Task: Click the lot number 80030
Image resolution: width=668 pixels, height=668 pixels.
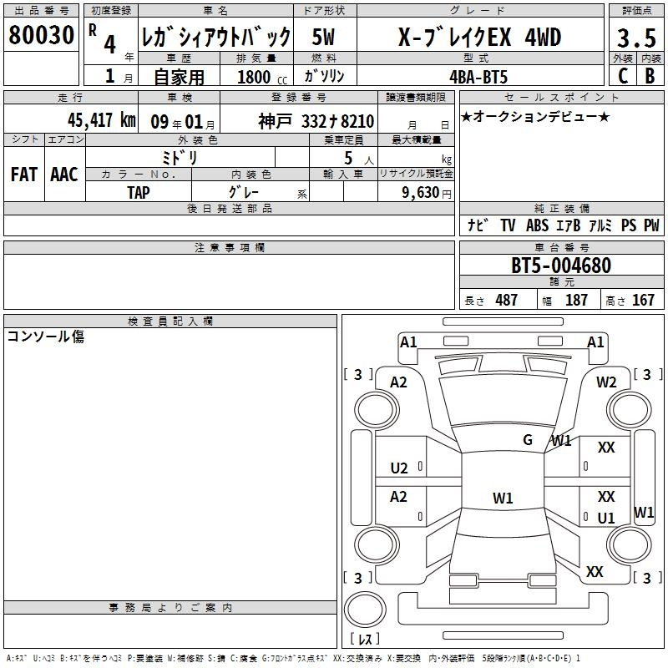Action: click(x=41, y=34)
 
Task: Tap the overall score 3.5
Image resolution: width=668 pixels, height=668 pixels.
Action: click(x=636, y=38)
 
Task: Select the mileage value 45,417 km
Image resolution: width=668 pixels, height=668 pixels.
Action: click(x=102, y=120)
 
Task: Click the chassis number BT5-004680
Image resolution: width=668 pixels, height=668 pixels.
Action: click(x=561, y=266)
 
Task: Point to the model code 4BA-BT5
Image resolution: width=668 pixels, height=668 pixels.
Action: click(x=478, y=77)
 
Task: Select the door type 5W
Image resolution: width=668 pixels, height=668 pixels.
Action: click(x=323, y=37)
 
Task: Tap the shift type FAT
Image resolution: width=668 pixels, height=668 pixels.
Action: click(x=24, y=175)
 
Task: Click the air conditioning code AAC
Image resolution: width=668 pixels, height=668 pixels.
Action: click(x=64, y=175)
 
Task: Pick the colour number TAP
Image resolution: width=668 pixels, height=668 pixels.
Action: click(x=139, y=193)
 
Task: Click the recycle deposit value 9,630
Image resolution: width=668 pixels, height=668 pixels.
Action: click(x=421, y=193)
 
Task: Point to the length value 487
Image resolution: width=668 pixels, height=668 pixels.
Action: click(x=507, y=300)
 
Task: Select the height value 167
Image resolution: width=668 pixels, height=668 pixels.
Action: click(x=643, y=300)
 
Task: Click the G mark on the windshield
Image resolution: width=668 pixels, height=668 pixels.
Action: click(x=528, y=439)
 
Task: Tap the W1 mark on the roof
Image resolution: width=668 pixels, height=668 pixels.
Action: click(x=503, y=498)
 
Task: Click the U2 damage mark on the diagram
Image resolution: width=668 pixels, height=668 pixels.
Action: click(x=399, y=468)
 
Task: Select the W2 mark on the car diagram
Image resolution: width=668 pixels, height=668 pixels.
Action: click(x=606, y=382)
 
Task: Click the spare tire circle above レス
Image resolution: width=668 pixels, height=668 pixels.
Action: click(x=365, y=610)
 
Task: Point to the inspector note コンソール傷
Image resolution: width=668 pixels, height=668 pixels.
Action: click(x=46, y=337)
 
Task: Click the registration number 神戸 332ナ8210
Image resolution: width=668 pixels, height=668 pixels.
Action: click(x=316, y=121)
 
